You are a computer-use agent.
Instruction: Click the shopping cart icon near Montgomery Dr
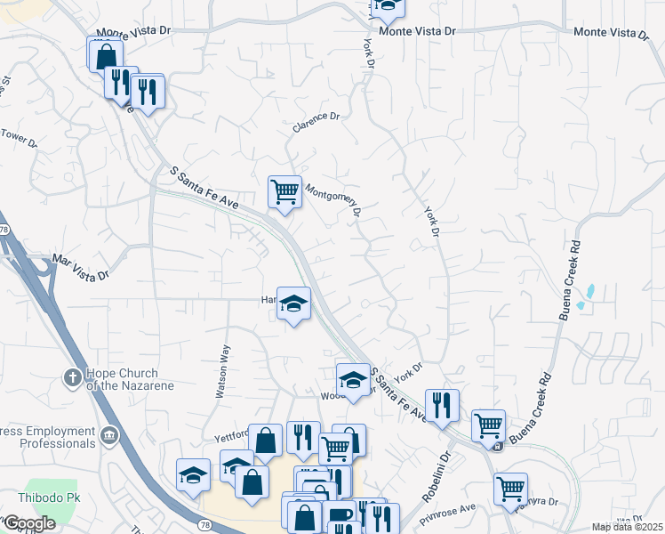point(284,191)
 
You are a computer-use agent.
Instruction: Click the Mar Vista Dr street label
point(81,267)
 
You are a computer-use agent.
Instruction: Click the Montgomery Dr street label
point(334,201)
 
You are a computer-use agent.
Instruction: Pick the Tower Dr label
point(20,138)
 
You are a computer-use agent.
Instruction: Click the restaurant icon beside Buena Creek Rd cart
point(441,405)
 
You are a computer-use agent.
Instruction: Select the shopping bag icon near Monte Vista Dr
point(105,54)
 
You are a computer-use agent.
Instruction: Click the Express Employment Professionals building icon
point(109,435)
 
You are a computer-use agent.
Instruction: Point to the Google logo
point(28,523)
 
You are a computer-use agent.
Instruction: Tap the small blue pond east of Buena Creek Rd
point(588,292)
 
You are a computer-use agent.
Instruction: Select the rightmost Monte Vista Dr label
point(612,33)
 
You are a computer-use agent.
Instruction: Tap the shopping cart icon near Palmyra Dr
point(510,488)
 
